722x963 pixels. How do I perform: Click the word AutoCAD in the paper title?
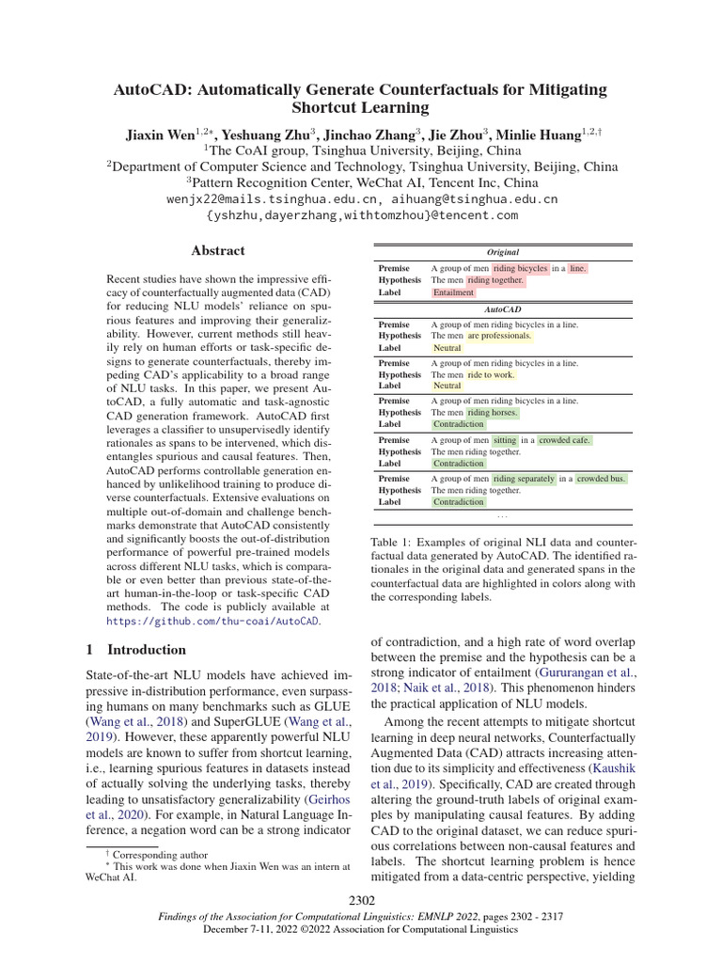coord(153,90)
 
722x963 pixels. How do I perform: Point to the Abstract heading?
coord(218,250)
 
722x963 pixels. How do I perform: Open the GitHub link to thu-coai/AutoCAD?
coord(212,621)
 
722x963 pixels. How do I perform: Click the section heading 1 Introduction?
coord(136,650)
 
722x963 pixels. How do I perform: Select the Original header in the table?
coord(503,252)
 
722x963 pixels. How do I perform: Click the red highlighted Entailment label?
coord(453,292)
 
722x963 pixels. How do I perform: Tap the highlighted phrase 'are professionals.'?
coord(499,335)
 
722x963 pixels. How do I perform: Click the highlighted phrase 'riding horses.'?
coord(493,412)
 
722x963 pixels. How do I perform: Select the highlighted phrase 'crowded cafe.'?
coord(565,439)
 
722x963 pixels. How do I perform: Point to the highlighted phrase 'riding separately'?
coord(522,478)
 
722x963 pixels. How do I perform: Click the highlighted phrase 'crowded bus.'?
coord(601,478)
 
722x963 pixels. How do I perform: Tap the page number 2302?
coord(361,902)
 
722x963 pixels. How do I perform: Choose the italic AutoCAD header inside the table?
coord(503,308)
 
